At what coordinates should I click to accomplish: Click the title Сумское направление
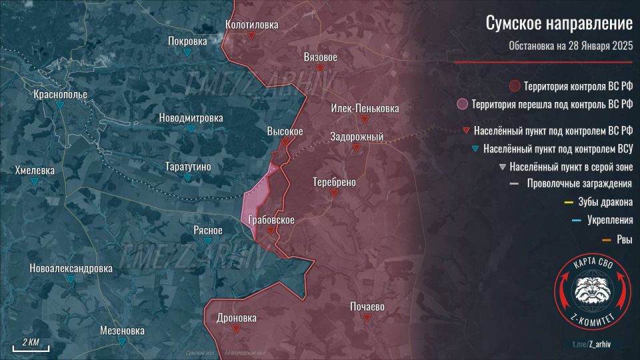point(558,23)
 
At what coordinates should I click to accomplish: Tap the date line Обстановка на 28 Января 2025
point(570,46)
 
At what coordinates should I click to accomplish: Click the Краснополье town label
point(61,95)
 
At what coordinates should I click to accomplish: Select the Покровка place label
point(187,40)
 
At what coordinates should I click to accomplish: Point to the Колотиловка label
point(251,25)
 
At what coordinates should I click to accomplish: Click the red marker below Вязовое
point(320,68)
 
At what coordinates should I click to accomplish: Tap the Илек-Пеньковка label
point(365,108)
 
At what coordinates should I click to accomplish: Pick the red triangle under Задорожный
point(357,149)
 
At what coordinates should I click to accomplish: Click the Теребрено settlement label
point(334,182)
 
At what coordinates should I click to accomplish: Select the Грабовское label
point(271,219)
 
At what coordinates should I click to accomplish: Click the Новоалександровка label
point(71,269)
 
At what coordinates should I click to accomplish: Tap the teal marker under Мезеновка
point(122,341)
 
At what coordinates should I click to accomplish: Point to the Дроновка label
point(236,318)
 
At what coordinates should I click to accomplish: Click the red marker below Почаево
point(367,318)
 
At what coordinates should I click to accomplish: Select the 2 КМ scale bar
point(27,347)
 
